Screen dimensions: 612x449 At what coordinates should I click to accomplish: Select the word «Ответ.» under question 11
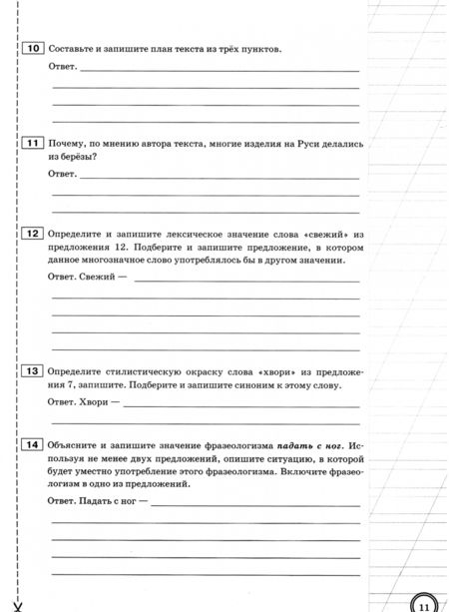(63, 174)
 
